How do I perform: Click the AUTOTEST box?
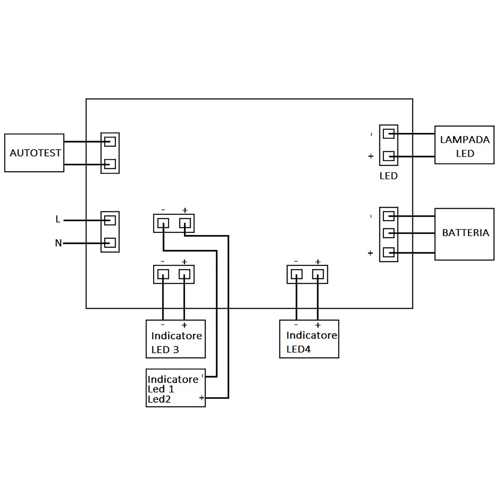tap(34, 153)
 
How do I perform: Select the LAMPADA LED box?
tap(464, 145)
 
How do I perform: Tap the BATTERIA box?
tap(464, 234)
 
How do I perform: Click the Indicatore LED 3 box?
tap(176, 339)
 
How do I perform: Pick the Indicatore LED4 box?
tap(309, 339)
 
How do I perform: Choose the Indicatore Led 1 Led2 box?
tap(176, 388)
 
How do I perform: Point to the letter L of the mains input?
tap(58, 219)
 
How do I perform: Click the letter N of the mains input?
tap(58, 243)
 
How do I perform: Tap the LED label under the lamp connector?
tap(388, 176)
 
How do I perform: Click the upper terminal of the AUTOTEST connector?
tap(110, 142)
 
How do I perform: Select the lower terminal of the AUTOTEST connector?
tap(110, 164)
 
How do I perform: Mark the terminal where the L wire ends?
tap(110, 221)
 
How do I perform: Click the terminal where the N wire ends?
tap(110, 243)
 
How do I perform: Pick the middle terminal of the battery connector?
tap(389, 233)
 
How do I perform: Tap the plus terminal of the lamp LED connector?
tap(389, 156)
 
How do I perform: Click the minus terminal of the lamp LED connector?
tap(389, 134)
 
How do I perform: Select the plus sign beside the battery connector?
tap(371, 253)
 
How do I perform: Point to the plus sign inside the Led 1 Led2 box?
tap(201, 398)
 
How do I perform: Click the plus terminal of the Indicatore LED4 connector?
tap(318, 275)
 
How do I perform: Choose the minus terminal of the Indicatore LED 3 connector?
tap(163, 275)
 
